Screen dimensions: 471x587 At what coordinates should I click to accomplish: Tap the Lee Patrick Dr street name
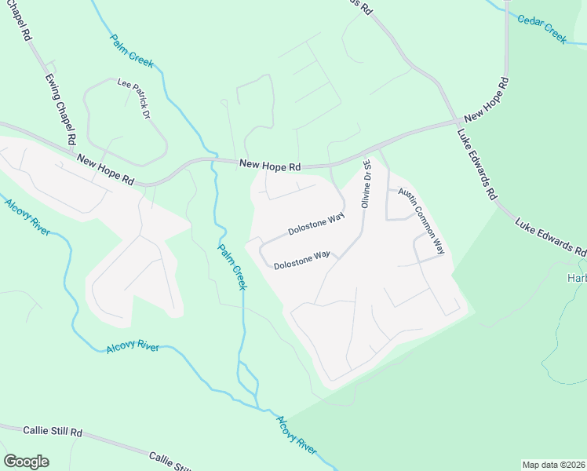coord(133,98)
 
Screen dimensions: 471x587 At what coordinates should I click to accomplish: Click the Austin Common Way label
coord(421,221)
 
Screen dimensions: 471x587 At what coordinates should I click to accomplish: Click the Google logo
coord(26,462)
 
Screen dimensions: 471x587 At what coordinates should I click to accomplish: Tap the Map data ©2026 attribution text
coord(553,465)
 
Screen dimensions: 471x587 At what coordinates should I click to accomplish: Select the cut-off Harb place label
coord(577,278)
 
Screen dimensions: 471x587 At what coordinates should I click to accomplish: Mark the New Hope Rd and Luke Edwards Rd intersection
coord(458,122)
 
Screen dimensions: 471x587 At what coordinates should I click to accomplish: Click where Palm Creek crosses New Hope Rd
coord(213,159)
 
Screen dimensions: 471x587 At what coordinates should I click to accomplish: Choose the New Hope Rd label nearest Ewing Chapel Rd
coord(105,170)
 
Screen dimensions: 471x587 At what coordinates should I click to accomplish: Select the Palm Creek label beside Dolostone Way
coord(233,265)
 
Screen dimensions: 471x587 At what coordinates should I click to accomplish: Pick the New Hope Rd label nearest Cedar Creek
coord(487,99)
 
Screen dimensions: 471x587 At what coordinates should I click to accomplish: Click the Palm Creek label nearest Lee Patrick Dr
coord(133,51)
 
